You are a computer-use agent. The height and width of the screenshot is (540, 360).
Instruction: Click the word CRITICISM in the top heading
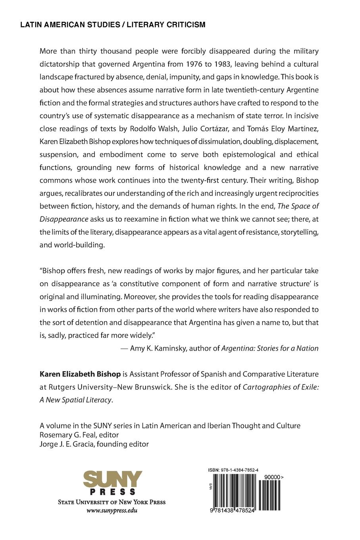(x=185, y=25)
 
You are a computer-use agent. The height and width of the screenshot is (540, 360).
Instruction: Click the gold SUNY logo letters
(x=112, y=480)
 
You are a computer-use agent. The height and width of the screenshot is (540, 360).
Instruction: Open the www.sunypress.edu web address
(x=112, y=511)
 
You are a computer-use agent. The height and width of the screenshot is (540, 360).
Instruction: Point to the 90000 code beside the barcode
(x=271, y=476)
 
